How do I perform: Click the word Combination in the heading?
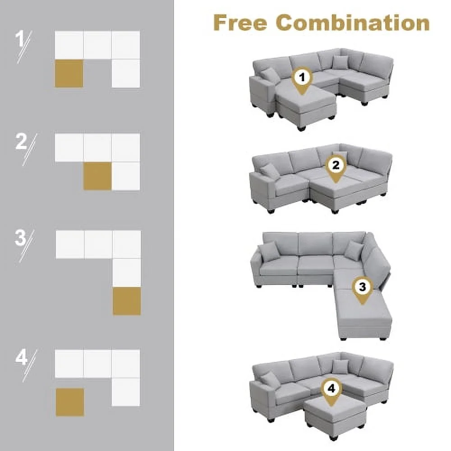click(352, 23)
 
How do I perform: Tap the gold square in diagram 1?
click(69, 73)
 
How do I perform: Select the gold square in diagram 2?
click(97, 176)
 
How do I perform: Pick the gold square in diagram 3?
click(126, 301)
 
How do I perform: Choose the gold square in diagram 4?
click(69, 402)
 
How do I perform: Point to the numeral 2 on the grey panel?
click(21, 142)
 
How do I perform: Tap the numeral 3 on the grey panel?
click(21, 238)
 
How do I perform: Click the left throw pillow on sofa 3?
click(269, 250)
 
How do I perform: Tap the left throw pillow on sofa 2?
click(270, 171)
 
